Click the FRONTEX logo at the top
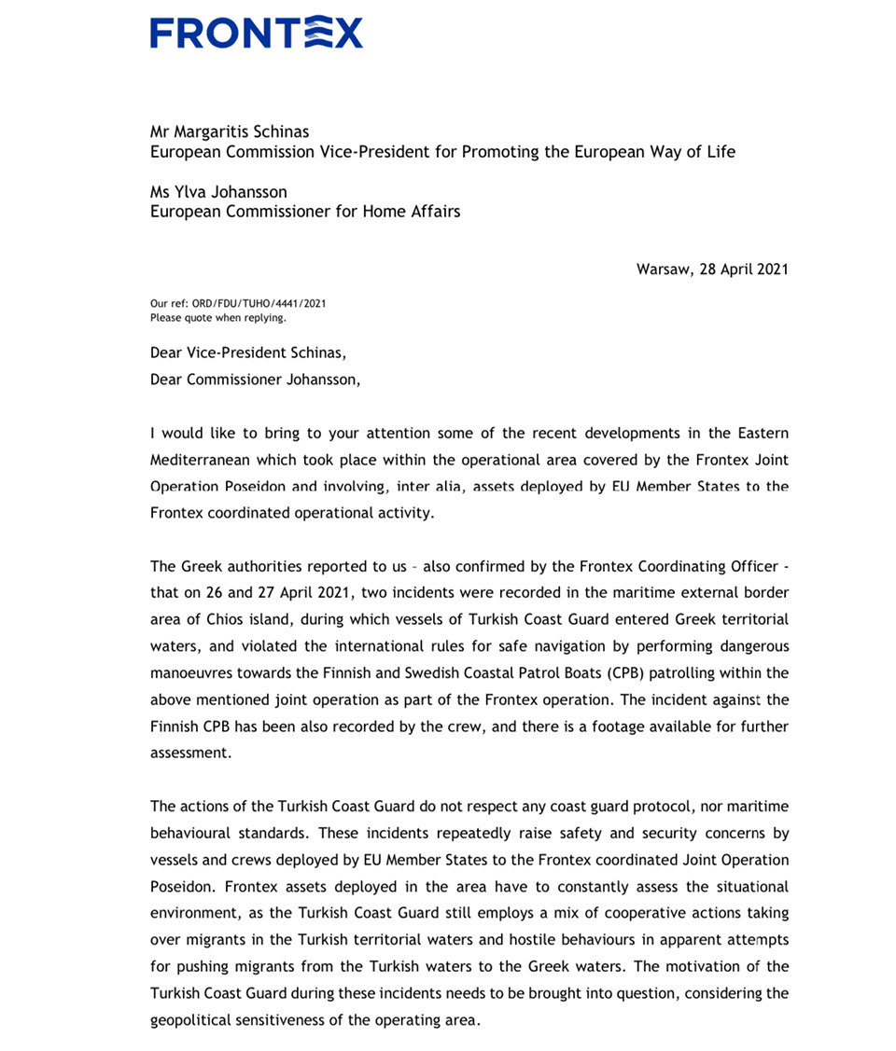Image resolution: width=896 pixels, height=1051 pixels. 256,33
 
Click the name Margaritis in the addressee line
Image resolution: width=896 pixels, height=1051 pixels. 216,131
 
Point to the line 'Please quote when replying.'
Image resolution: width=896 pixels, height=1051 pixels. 218,317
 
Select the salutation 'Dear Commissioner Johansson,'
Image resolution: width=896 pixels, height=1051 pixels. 254,380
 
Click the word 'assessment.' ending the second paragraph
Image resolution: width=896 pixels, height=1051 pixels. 190,753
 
